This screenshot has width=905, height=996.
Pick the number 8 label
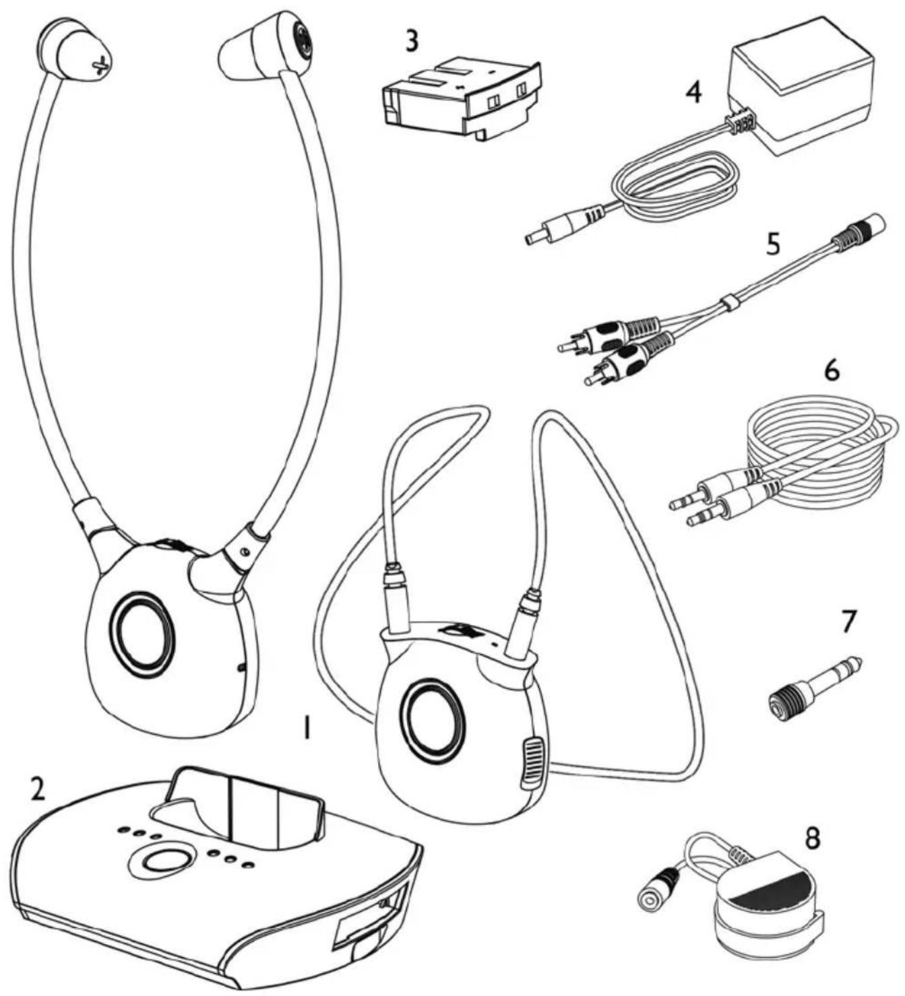pos(813,838)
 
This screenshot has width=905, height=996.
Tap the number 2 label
pos(37,789)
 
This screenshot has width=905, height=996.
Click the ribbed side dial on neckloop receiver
pos(531,762)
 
